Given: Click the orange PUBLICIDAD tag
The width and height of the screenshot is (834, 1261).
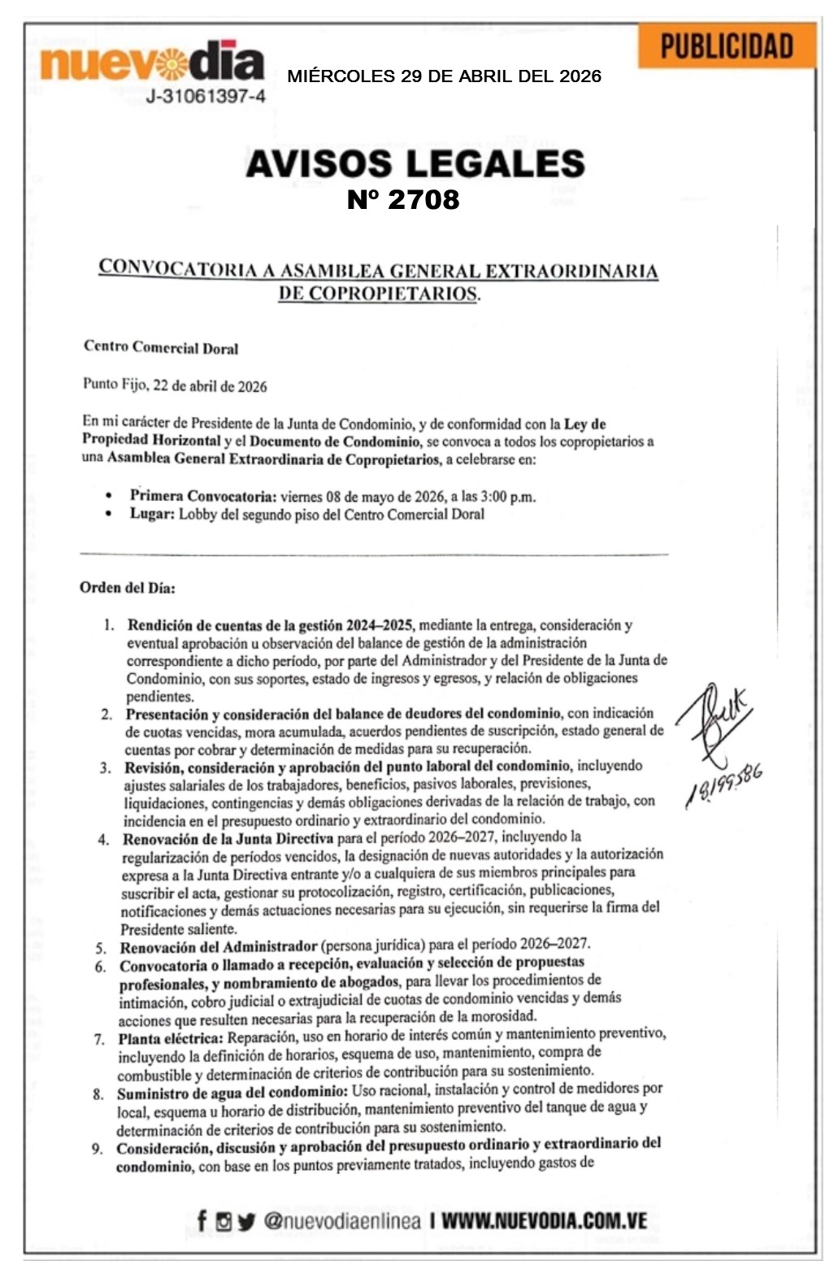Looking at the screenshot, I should coord(726,46).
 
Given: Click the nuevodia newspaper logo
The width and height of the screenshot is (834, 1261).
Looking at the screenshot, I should coord(152,61).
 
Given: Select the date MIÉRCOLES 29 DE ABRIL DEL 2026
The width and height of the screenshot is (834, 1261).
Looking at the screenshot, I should coord(444,76).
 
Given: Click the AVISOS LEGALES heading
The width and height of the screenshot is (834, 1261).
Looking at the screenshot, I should coord(415,163).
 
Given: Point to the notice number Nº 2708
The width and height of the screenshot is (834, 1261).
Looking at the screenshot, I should coord(403,199).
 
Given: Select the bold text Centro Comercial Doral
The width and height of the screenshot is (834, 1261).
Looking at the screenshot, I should coord(161,347).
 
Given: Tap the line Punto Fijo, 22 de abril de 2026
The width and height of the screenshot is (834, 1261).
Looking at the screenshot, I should coord(175,385).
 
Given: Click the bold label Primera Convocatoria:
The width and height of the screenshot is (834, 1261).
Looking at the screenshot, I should coord(203,496).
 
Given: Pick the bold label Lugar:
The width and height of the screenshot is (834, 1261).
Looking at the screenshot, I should coord(152,514).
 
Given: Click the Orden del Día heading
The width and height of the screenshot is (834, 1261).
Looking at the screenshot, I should coord(127,587).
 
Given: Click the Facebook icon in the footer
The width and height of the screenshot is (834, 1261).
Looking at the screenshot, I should coord(202,1220).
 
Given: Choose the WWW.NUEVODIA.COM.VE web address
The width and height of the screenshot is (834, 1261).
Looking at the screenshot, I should coord(544,1220).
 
